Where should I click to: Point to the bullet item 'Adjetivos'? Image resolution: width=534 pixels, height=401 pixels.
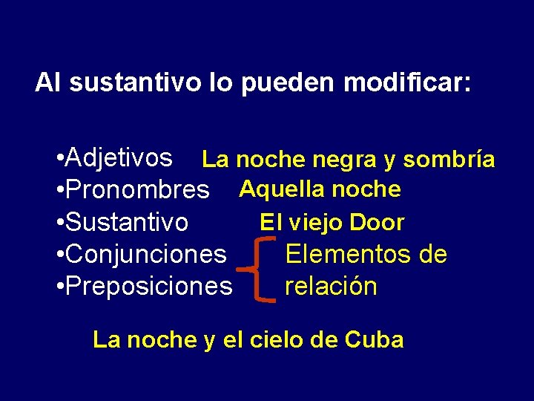pos(119,157)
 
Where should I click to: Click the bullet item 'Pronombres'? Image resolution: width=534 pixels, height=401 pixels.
pos(136,190)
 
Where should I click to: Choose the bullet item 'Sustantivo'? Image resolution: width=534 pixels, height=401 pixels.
pos(126,222)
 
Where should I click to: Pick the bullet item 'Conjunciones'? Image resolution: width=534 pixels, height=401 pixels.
pos(145,254)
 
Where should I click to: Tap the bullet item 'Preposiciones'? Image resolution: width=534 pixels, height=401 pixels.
pos(148,286)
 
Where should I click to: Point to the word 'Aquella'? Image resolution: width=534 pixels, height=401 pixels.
pos(282,189)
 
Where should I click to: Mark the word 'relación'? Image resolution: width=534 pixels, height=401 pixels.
pos(331,286)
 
